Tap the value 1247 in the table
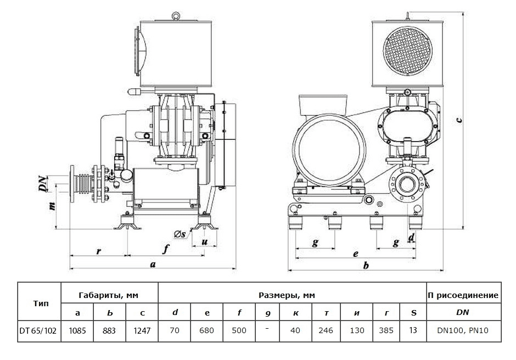tap(142, 330)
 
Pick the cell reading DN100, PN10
tap(463, 330)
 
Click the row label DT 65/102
tap(39, 330)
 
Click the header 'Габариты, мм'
tap(109, 295)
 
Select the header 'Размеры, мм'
tap(292, 295)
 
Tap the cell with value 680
tap(207, 330)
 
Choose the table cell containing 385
tap(387, 330)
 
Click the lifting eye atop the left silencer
tap(176, 15)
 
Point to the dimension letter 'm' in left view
tap(52, 206)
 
